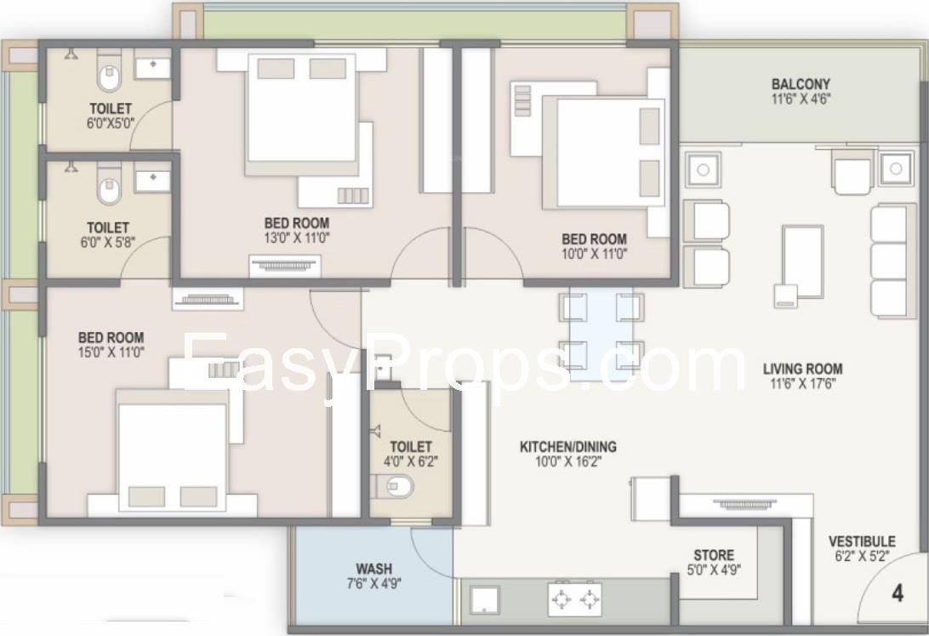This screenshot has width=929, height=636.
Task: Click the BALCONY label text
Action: tap(801, 84)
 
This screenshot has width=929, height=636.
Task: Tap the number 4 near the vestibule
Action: tap(898, 593)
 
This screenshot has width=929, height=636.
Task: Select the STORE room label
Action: tap(714, 555)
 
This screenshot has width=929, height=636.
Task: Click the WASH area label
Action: tap(373, 569)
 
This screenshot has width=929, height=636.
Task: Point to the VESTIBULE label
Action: tap(862, 541)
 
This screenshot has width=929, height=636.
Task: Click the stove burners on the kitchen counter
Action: tap(575, 600)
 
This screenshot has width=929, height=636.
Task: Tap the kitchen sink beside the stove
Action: tap(485, 600)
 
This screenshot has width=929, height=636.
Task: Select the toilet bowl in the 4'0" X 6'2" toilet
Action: tap(395, 486)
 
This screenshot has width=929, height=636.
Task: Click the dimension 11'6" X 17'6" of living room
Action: tap(802, 383)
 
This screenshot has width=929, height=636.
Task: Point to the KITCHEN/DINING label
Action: tap(567, 446)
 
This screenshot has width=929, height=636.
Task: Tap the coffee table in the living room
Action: tap(802, 261)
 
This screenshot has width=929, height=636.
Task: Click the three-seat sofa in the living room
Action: tap(893, 261)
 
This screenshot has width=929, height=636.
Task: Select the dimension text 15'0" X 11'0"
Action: tap(111, 352)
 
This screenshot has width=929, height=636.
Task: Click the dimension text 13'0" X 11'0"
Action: tap(297, 238)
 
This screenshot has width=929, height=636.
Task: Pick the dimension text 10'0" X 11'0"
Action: tap(595, 255)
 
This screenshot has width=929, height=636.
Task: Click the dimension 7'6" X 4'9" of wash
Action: tap(373, 584)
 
